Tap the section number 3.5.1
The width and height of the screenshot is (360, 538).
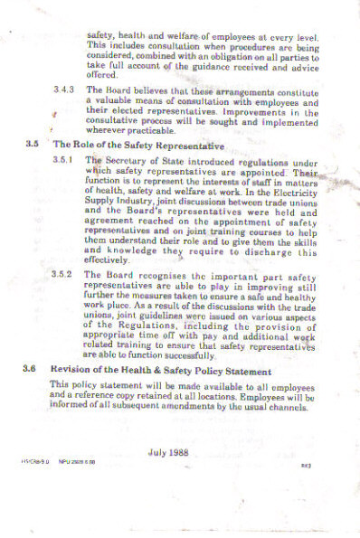point(66,159)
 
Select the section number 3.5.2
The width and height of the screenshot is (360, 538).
point(66,272)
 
